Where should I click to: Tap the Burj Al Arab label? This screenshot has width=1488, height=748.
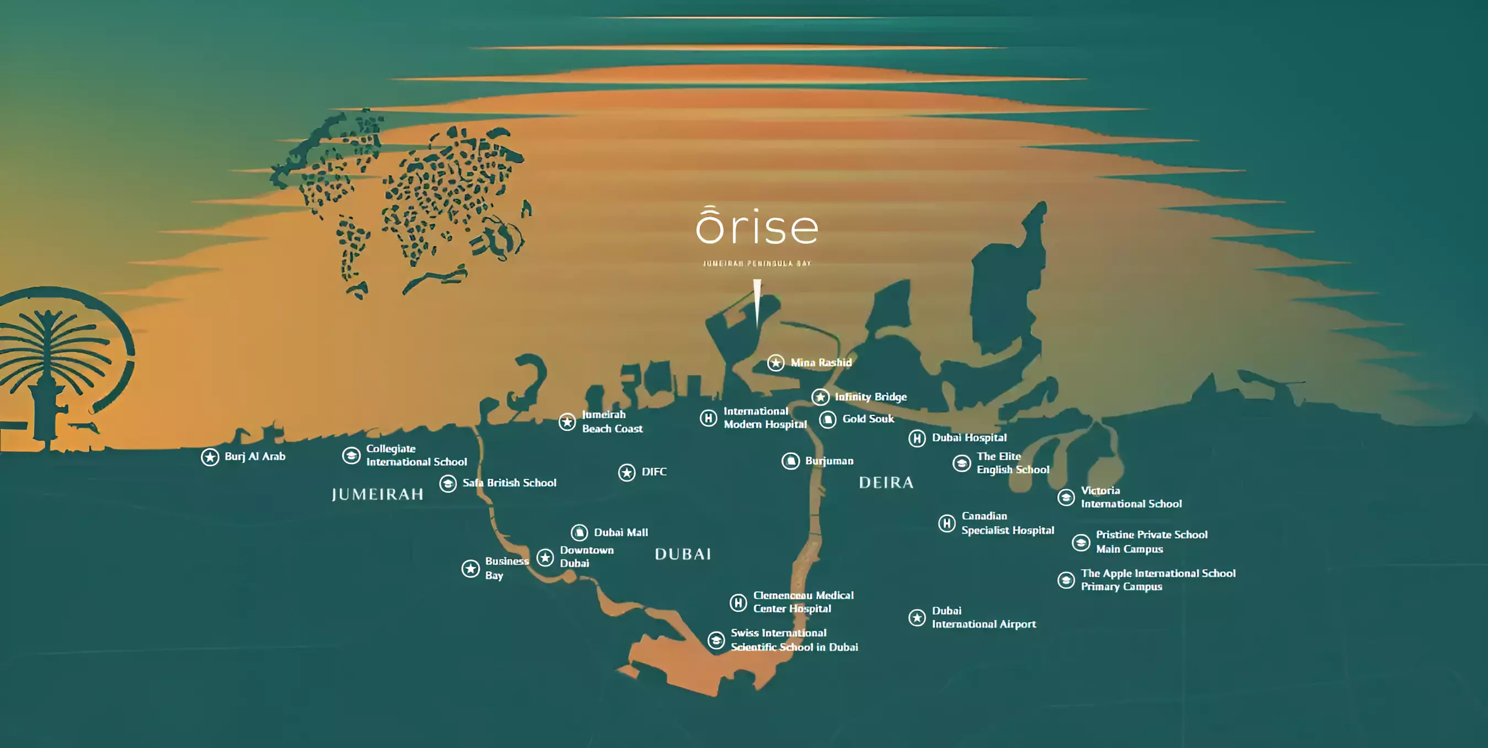point(255,456)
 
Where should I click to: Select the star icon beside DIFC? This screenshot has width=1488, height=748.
point(627,473)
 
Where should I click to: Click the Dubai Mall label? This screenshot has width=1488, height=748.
point(621,532)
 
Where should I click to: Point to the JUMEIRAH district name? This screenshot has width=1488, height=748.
point(378,494)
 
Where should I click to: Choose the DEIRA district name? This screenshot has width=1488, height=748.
point(886,483)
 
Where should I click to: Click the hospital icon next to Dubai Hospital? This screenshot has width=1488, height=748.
point(917,439)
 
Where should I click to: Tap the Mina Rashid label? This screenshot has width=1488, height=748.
point(821,363)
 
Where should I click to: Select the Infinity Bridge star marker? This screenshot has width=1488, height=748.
point(820,397)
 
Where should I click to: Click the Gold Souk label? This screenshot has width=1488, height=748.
point(868,419)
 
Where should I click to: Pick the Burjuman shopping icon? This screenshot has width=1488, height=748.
point(790,461)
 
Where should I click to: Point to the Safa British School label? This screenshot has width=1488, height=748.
point(509,483)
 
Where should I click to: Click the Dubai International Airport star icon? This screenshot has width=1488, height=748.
point(917,617)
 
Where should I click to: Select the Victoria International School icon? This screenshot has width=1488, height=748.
point(1066,498)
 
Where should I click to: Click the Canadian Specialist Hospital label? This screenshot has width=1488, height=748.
point(1008,523)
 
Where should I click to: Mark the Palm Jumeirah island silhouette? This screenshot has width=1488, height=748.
point(58,364)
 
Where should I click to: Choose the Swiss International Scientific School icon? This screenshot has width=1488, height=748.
point(716,640)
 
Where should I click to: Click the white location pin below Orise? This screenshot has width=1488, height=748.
point(757,300)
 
